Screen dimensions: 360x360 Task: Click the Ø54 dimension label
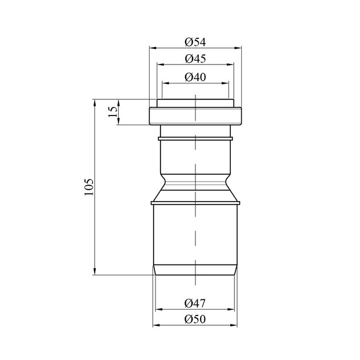[195, 42]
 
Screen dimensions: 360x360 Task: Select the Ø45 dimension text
[195, 59]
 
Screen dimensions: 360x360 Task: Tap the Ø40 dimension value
[195, 77]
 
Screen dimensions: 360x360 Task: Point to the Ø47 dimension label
[195, 303]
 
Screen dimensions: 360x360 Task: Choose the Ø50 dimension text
[195, 319]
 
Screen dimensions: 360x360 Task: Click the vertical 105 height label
[89, 187]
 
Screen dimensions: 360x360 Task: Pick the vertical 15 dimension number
[113, 111]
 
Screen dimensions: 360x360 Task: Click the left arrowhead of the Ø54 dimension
[153, 48]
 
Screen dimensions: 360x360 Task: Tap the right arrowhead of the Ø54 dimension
[238, 48]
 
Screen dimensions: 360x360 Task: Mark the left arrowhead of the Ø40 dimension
[166, 83]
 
